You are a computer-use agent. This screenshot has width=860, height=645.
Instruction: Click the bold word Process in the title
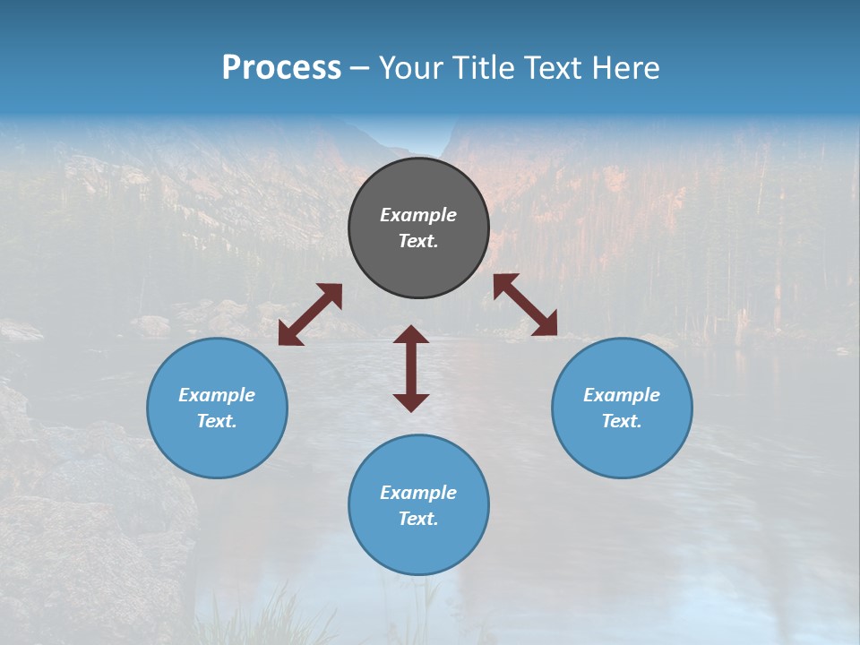click(281, 68)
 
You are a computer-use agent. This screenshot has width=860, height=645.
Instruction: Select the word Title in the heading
click(485, 68)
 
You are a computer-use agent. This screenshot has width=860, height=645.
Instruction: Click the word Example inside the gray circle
click(418, 215)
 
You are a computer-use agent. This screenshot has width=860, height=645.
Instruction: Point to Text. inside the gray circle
click(418, 241)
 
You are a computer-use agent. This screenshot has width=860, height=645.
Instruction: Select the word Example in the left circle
click(217, 395)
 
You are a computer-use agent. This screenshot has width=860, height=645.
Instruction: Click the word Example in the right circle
click(622, 395)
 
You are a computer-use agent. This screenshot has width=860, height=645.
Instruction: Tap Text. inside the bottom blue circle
click(418, 519)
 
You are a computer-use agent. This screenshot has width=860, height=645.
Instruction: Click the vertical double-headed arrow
click(411, 368)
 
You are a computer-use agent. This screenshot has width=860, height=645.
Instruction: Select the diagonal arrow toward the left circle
click(310, 314)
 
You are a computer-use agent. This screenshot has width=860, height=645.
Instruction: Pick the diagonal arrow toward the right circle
click(525, 305)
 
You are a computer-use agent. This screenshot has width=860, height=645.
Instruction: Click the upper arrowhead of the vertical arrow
click(411, 334)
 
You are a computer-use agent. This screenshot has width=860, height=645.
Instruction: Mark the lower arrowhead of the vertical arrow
click(411, 402)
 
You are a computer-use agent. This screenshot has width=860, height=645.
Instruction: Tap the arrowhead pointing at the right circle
click(545, 324)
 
